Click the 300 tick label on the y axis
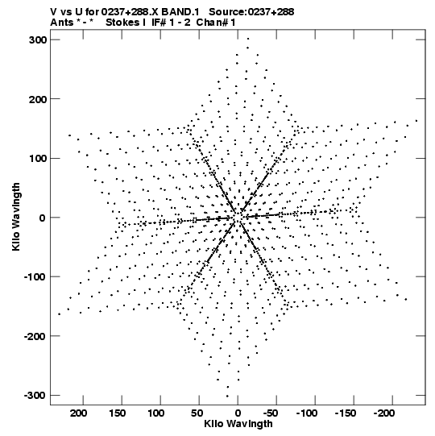pyautogui.click(x=37, y=40)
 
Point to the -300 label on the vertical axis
pyautogui.click(x=35, y=396)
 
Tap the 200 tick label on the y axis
pyautogui.click(x=37, y=99)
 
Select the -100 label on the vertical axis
pyautogui.click(x=35, y=277)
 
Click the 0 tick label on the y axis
pyautogui.click(x=42, y=218)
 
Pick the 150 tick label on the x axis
pyautogui.click(x=117, y=413)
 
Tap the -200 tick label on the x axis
pyautogui.click(x=384, y=413)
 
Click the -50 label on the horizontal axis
pyautogui.click(x=270, y=413)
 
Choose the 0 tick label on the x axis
pyautogui.click(x=238, y=413)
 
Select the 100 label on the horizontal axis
pyautogui.click(x=155, y=413)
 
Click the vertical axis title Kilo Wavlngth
pyautogui.click(x=16, y=217)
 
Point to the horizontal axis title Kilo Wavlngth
pyautogui.click(x=238, y=424)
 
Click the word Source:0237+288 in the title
pyautogui.click(x=251, y=12)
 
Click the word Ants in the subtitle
pyautogui.click(x=61, y=23)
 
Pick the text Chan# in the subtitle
pyautogui.click(x=212, y=23)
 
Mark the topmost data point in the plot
pyautogui.click(x=248, y=39)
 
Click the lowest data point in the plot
pyautogui.click(x=227, y=397)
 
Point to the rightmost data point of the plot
pyautogui.click(x=416, y=121)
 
